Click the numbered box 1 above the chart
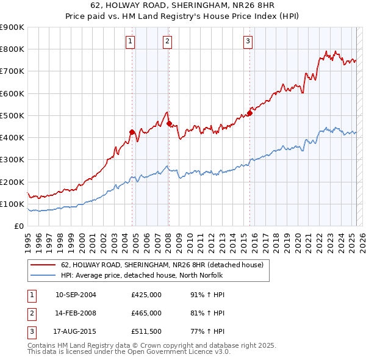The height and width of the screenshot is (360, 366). [131, 41]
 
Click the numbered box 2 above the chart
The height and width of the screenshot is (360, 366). [167, 41]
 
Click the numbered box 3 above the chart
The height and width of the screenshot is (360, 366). [248, 41]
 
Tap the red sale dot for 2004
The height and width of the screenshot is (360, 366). [132, 132]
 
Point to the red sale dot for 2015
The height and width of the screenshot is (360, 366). [249, 113]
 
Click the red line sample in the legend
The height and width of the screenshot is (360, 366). [43, 265]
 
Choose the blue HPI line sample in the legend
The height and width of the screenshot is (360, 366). [43, 275]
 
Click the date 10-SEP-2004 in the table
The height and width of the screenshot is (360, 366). [76, 295]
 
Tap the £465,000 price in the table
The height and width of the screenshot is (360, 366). [146, 313]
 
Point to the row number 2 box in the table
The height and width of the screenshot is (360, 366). [32, 313]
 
